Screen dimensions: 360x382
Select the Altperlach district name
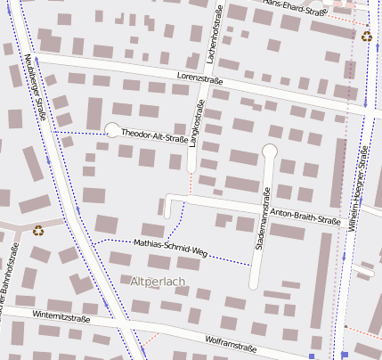pyautogui.click(x=158, y=282)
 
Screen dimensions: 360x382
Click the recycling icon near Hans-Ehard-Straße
pyautogui.click(x=367, y=37)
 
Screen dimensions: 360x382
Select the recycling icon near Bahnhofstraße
pyautogui.click(x=39, y=229)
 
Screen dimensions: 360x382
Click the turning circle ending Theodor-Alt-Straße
pyautogui.click(x=112, y=130)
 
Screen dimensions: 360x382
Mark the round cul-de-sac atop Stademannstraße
pyautogui.click(x=270, y=151)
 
